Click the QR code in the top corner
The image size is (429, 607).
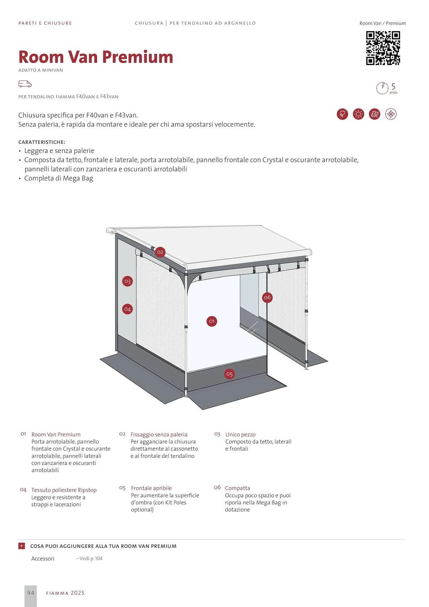[383, 48]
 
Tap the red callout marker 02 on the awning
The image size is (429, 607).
[160, 252]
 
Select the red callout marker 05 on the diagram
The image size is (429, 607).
[229, 374]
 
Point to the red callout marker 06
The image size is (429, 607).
[267, 297]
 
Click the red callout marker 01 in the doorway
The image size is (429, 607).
[212, 321]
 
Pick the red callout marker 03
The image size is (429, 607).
[127, 281]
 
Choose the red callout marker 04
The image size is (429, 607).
[127, 309]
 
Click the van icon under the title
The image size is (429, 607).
[25, 84]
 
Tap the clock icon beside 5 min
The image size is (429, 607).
[382, 88]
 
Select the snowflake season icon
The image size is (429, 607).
[391, 114]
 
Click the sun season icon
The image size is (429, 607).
[358, 114]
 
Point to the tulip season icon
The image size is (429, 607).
[342, 114]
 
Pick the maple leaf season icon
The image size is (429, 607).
[375, 114]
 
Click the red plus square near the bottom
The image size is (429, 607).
[22, 546]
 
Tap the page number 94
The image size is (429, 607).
[31, 593]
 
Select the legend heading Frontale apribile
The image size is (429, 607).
[151, 488]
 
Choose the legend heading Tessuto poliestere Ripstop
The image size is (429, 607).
[64, 490]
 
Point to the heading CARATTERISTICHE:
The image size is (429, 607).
[42, 142]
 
